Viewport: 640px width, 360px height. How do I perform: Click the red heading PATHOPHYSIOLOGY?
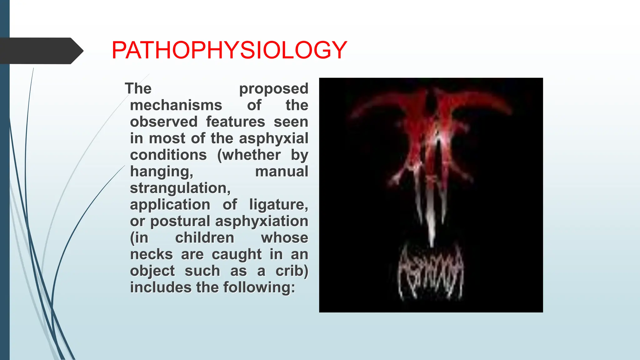click(229, 50)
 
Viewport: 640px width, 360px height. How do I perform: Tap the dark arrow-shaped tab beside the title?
click(41, 51)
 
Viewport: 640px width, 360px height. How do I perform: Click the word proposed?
click(273, 89)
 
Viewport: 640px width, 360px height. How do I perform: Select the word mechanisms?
click(176, 105)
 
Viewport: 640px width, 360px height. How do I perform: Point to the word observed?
click(164, 122)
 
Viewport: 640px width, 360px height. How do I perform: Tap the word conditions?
click(168, 155)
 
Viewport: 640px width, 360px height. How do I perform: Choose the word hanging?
click(162, 172)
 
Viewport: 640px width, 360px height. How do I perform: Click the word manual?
click(282, 172)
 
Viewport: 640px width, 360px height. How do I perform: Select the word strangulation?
click(180, 188)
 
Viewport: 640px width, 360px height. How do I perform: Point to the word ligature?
click(278, 205)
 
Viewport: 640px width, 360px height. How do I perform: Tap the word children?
click(204, 238)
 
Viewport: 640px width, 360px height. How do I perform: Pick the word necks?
click(151, 254)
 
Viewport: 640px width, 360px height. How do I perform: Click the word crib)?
click(292, 271)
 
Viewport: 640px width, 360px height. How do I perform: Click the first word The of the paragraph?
click(138, 89)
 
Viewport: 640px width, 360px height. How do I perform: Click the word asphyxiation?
click(262, 221)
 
